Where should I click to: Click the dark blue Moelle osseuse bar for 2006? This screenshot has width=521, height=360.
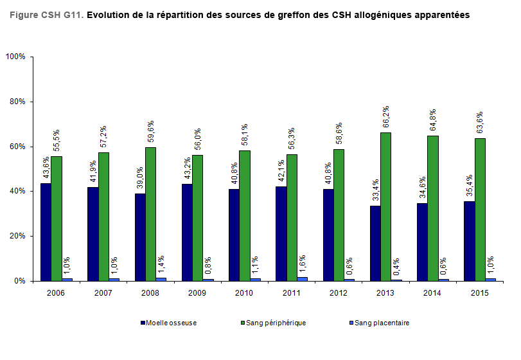click(x=46, y=232)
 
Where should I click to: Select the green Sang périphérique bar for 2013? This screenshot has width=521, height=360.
click(x=386, y=206)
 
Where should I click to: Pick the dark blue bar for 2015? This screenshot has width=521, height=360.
click(x=470, y=241)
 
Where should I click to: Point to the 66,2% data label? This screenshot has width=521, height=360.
click(x=385, y=118)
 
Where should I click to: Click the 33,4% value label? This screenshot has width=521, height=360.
click(x=375, y=192)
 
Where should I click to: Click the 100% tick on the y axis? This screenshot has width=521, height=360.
click(x=15, y=57)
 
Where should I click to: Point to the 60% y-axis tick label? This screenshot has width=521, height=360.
click(x=17, y=147)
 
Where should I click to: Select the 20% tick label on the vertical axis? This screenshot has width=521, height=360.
click(x=17, y=236)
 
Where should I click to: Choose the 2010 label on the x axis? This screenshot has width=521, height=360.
click(x=245, y=293)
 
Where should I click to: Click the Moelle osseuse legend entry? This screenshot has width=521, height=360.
click(x=169, y=323)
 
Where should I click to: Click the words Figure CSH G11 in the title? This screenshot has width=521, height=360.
click(x=46, y=14)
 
